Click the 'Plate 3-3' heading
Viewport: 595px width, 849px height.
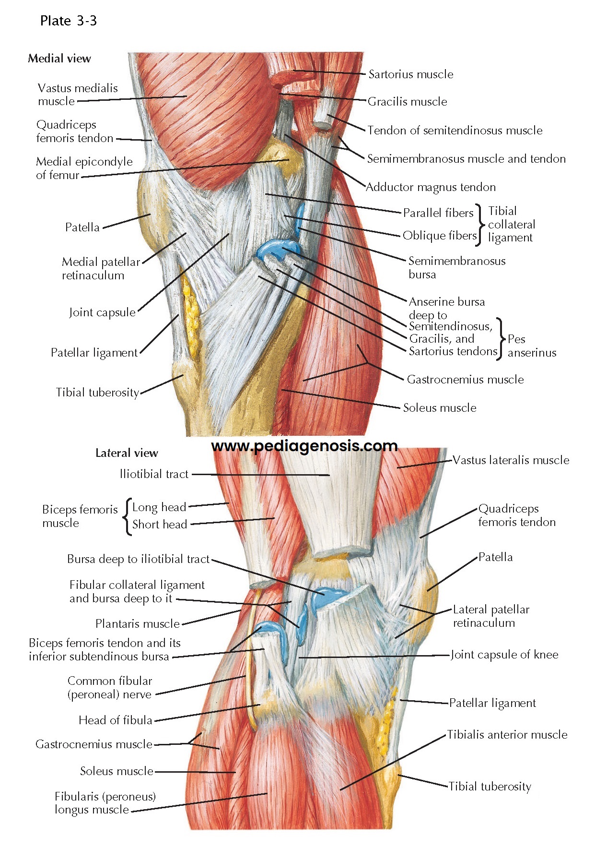pyautogui.click(x=69, y=21)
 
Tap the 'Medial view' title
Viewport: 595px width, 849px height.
pyautogui.click(x=59, y=59)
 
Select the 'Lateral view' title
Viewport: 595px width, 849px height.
pyautogui.click(x=127, y=453)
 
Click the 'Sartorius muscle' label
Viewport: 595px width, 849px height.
pyautogui.click(x=410, y=74)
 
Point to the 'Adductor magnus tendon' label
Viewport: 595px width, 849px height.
pyautogui.click(x=431, y=187)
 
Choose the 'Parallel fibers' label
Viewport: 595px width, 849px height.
pyautogui.click(x=438, y=213)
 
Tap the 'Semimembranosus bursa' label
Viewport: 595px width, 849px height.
pyautogui.click(x=456, y=267)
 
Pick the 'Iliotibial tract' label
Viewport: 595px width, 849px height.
pyautogui.click(x=154, y=474)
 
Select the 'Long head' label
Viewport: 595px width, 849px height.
pyautogui.click(x=159, y=507)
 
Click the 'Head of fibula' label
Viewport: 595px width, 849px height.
pyautogui.click(x=116, y=720)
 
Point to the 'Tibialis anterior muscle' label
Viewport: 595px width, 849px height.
pyautogui.click(x=507, y=735)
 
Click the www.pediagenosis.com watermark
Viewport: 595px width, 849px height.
pyautogui.click(x=304, y=446)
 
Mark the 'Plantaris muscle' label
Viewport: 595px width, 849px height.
pyautogui.click(x=137, y=624)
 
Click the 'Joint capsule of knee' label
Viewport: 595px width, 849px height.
pyautogui.click(x=504, y=655)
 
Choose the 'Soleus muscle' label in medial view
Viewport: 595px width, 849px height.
pyautogui.click(x=440, y=408)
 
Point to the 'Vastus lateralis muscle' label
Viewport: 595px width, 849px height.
pyautogui.click(x=511, y=460)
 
